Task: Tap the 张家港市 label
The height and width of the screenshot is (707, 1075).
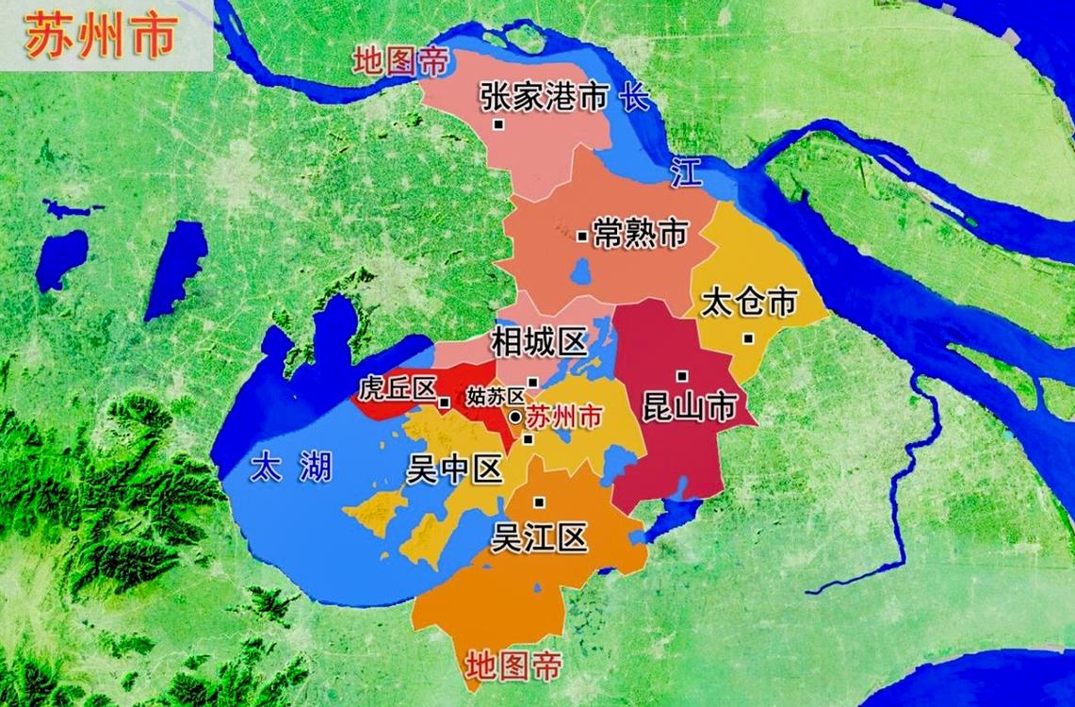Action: click(542, 96)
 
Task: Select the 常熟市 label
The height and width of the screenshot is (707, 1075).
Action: click(640, 234)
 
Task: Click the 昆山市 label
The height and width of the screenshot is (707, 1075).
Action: click(688, 406)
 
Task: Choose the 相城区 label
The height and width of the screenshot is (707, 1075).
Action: click(539, 342)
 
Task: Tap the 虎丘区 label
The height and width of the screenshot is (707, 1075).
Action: click(397, 389)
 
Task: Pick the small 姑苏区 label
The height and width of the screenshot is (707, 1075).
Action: click(495, 396)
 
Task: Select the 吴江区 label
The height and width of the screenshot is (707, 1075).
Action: click(540, 537)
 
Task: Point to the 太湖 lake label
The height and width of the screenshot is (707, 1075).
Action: click(293, 466)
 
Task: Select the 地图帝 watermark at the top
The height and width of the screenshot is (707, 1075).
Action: click(400, 62)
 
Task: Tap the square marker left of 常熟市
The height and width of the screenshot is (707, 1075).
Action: click(581, 236)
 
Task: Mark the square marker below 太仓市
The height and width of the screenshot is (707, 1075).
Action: click(747, 338)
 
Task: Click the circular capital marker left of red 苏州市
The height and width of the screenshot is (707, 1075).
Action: click(515, 417)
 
